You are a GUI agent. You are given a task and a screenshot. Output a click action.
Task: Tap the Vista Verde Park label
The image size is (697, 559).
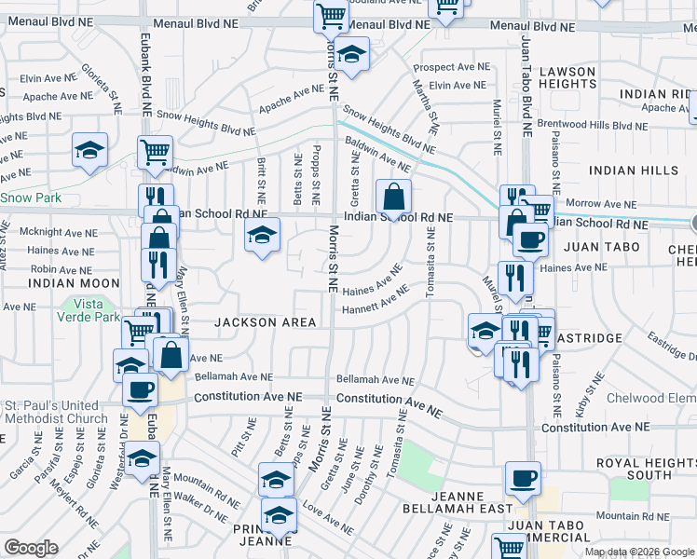click(97, 310)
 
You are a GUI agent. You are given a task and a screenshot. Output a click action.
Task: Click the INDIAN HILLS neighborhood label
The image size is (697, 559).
click(634, 170)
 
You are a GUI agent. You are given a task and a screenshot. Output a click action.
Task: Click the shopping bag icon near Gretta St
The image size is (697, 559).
click(393, 198)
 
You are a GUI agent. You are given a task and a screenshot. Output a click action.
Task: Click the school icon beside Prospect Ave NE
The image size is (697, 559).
click(351, 55)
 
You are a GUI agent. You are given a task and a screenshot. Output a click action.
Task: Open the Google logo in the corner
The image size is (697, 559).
click(31, 548)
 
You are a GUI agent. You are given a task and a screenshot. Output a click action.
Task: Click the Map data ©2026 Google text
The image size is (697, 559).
click(638, 552)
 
